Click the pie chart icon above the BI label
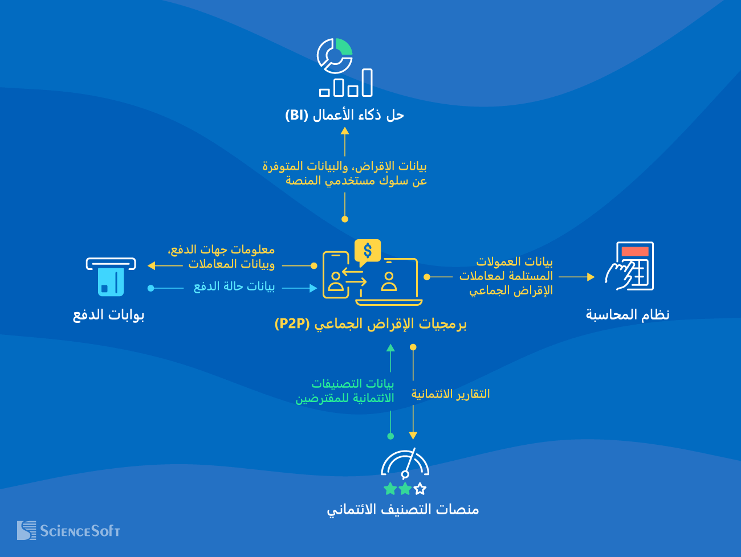tap(335, 55)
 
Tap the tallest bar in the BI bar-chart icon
tap(367, 83)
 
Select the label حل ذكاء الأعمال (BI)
tap(344, 115)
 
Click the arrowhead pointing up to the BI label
tap(345, 131)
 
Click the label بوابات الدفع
tap(108, 315)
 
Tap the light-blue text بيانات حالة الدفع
tap(234, 286)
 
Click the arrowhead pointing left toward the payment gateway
tap(152, 265)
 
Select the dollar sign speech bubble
tap(367, 251)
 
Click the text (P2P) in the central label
tap(292, 324)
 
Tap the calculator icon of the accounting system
tap(630, 266)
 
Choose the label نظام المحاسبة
tap(628, 315)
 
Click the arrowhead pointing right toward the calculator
tap(591, 277)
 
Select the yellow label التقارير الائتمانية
tap(450, 394)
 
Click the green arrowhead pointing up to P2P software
tap(390, 348)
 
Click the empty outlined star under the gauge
tap(420, 489)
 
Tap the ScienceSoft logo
tap(68, 531)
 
